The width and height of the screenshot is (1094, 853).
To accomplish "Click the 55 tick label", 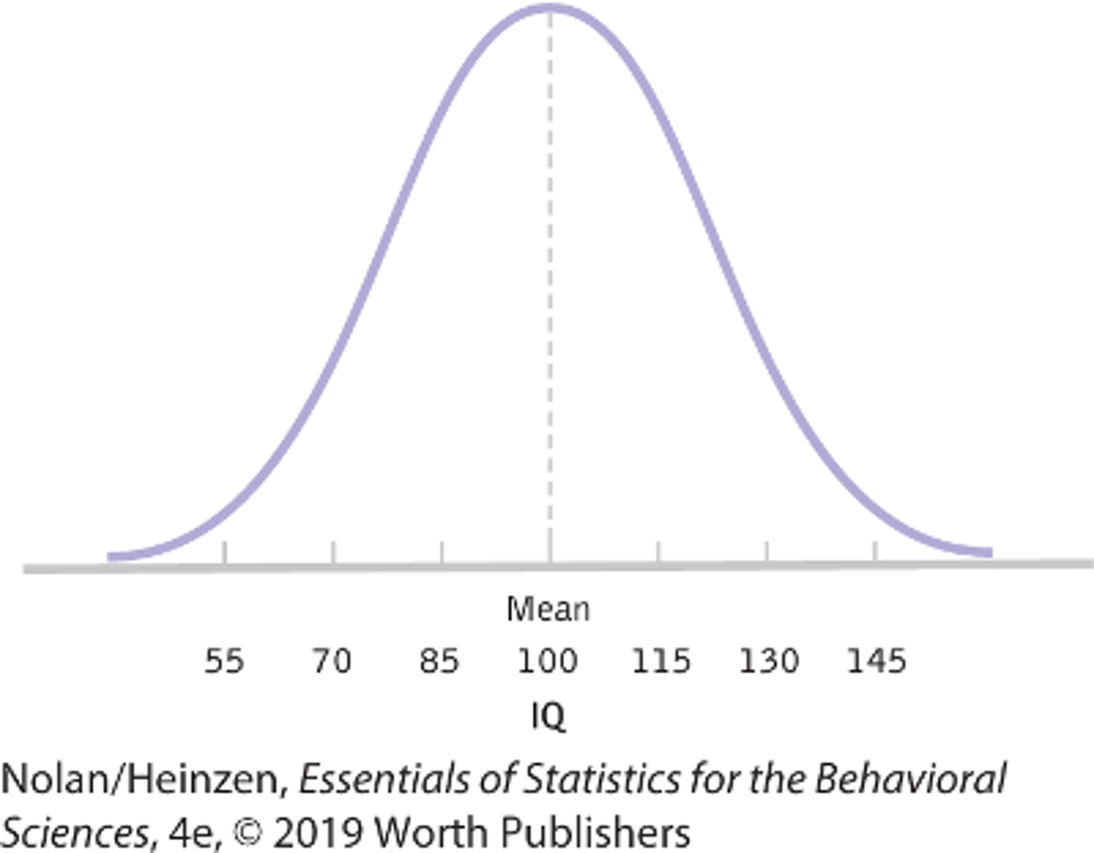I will (x=224, y=661).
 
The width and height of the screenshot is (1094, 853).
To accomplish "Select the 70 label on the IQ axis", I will (x=332, y=661).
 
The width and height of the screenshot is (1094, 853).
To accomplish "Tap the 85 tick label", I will (x=440, y=661).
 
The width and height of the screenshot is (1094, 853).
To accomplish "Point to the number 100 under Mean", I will (x=548, y=661).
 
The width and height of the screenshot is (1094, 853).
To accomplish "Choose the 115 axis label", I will (x=661, y=661).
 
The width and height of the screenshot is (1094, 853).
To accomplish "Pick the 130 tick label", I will (x=769, y=661).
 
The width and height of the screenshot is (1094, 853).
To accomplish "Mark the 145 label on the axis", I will (x=877, y=661).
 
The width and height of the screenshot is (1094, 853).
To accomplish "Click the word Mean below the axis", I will (x=548, y=609).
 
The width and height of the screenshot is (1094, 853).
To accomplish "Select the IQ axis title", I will (x=548, y=716).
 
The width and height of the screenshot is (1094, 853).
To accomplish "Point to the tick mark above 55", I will (x=225, y=552).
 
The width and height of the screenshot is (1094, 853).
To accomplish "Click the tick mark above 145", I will (x=876, y=551).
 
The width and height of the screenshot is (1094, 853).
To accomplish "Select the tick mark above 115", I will (x=659, y=551).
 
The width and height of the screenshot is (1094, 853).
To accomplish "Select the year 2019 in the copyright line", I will (x=318, y=833).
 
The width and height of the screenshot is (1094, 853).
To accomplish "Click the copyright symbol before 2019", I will (x=247, y=833).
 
